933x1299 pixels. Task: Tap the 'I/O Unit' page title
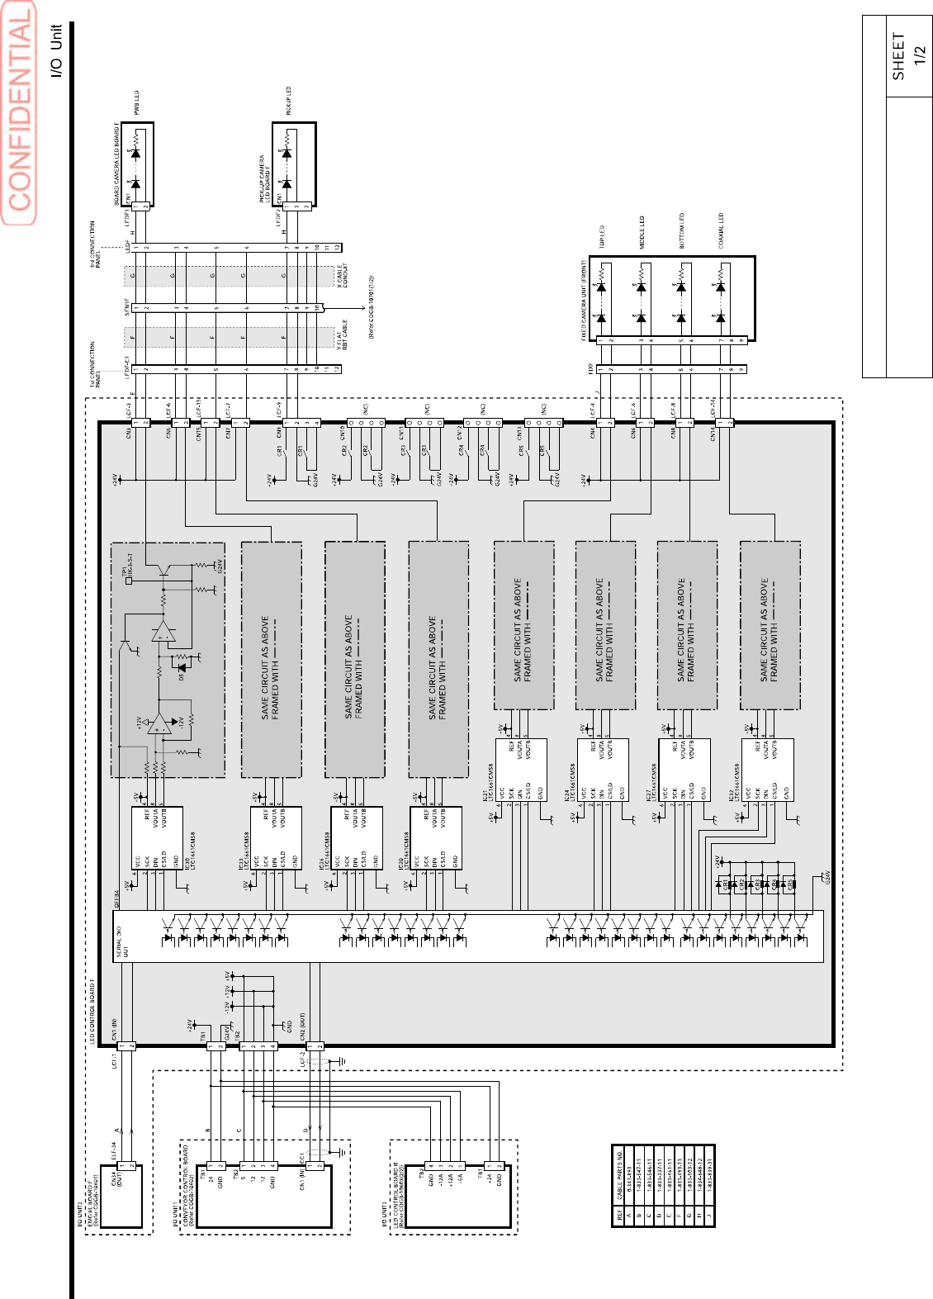point(56,51)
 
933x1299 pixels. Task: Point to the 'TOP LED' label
point(602,238)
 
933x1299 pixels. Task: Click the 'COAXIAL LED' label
point(721,230)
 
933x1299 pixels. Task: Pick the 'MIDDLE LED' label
point(642,233)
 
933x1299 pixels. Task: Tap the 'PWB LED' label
point(137,104)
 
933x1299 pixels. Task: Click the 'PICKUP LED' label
point(288,101)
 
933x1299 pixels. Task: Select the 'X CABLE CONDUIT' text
point(343,276)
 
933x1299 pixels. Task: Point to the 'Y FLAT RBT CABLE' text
point(343,335)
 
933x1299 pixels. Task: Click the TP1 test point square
point(129,581)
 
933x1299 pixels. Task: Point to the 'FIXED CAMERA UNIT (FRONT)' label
point(584,301)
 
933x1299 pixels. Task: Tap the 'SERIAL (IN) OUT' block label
point(121,941)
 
